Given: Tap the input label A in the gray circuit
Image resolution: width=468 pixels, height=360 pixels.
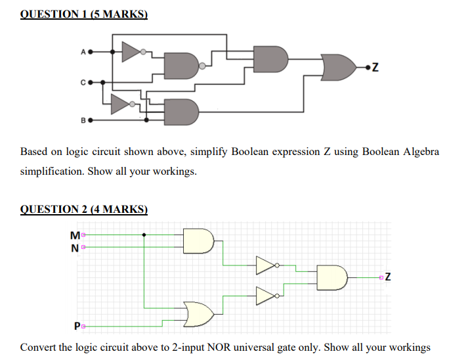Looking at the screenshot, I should point(83,49).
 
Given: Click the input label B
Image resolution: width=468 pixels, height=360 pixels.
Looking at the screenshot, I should point(83,121).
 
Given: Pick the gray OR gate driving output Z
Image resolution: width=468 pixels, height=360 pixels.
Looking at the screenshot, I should point(341,66).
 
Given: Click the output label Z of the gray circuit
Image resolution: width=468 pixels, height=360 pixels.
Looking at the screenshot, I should point(375,66).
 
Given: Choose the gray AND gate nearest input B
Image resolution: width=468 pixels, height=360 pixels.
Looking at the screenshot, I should point(182,112).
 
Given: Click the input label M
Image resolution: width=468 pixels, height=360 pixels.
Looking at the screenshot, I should point(74,234).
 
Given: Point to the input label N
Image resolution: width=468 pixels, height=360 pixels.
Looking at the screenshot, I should point(74,247).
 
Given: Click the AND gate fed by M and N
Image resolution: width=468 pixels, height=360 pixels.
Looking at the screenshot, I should point(200,240).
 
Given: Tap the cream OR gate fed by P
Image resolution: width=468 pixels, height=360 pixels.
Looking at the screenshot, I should point(200,314).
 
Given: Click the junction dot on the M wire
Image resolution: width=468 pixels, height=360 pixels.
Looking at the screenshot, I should point(144,233).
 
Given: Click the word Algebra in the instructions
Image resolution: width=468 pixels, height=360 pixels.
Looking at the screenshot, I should point(417,152).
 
